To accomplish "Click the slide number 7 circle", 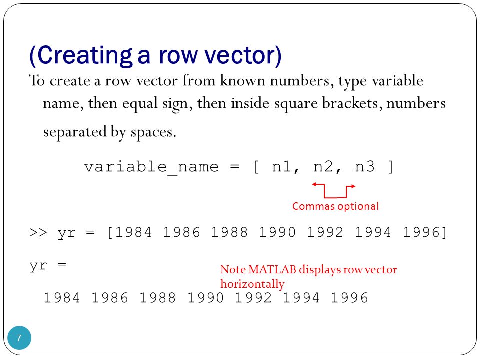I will click(x=19, y=338).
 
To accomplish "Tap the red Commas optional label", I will click(x=335, y=206).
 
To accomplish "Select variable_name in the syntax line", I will click(x=151, y=167).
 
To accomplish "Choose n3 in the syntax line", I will click(x=364, y=167).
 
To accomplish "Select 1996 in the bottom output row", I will click(x=349, y=298).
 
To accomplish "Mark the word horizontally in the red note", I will click(x=252, y=284).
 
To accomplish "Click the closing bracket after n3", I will click(x=390, y=167).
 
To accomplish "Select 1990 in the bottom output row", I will click(x=205, y=298).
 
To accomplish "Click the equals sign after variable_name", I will click(x=235, y=167).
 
